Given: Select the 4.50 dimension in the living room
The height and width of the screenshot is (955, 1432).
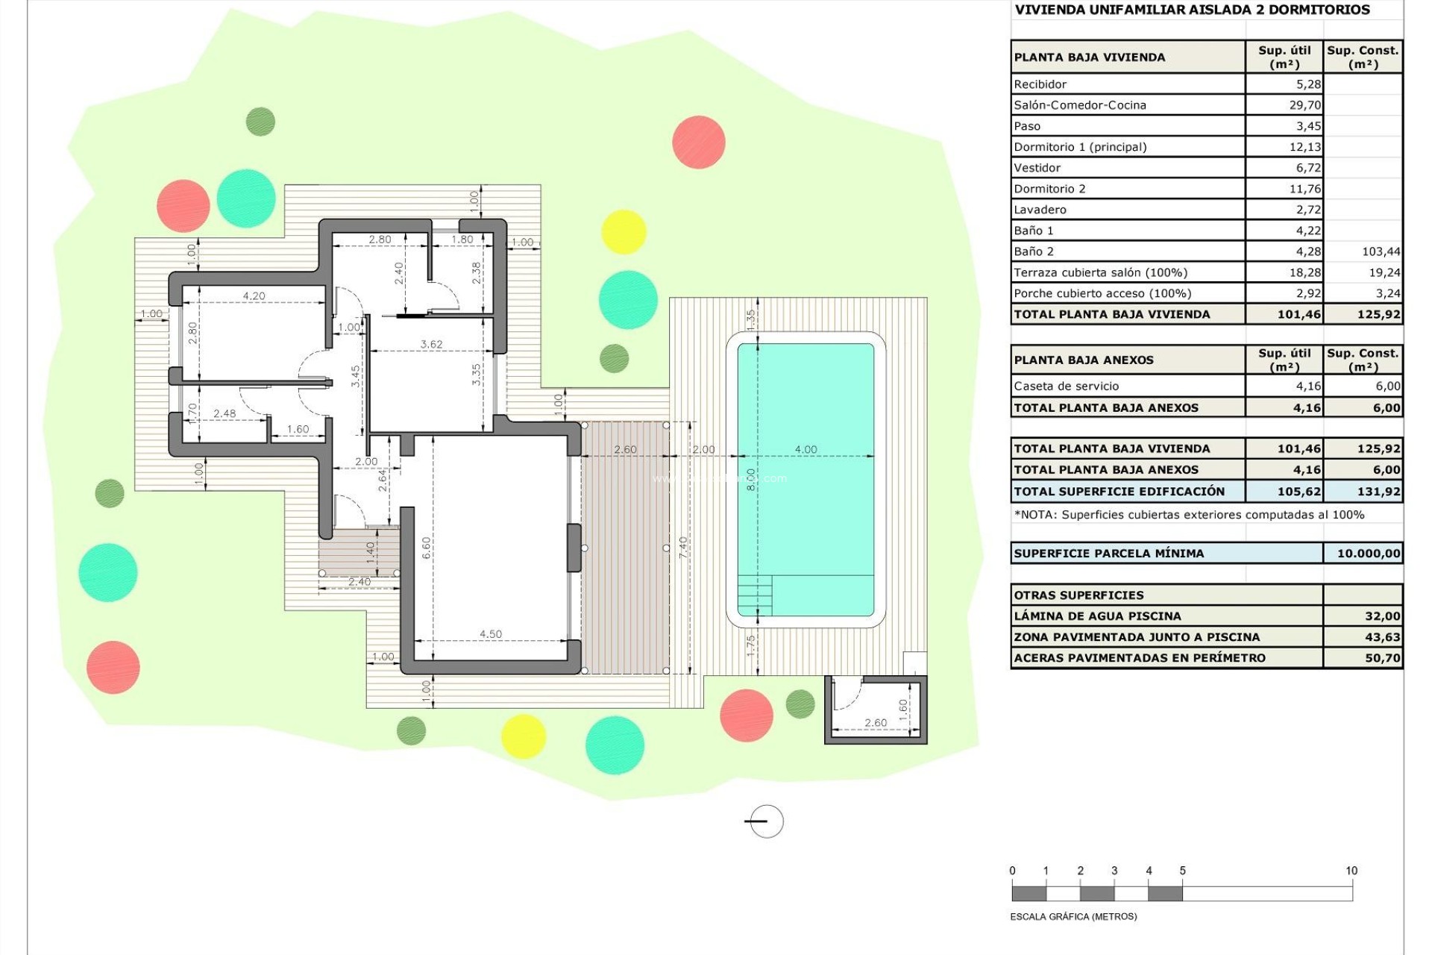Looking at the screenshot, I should point(490,634).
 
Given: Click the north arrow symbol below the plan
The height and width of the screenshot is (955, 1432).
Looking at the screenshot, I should point(765,821).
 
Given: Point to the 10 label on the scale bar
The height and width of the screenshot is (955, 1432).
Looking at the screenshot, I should point(1351,871).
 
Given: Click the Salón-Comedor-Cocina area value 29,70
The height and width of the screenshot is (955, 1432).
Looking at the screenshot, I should point(1304,105).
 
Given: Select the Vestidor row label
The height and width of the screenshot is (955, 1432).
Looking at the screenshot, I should point(1037,168).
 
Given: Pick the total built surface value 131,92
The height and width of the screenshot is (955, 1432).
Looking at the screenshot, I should point(1378,492).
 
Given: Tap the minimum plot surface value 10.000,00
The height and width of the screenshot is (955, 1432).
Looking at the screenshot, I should point(1368,554).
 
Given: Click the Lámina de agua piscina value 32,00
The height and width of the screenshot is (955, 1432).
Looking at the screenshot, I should point(1382,616).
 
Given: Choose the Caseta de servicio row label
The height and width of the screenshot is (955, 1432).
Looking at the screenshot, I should point(1066,386).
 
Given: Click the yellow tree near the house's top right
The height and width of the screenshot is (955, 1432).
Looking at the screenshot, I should point(623,232).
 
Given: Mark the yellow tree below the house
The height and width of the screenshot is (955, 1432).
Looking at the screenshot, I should point(523,736).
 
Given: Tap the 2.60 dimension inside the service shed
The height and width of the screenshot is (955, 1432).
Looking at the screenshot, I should point(875,722).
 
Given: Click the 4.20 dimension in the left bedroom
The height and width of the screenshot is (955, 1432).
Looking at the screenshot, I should point(254,296).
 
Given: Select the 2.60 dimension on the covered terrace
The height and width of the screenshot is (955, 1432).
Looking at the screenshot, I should point(625,449).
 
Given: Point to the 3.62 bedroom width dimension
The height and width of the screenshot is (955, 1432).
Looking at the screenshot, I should point(431,344).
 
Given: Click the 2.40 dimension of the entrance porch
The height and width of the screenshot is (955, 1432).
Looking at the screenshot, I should point(359,582).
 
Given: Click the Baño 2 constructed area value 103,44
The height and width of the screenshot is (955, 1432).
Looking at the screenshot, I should point(1381,251).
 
